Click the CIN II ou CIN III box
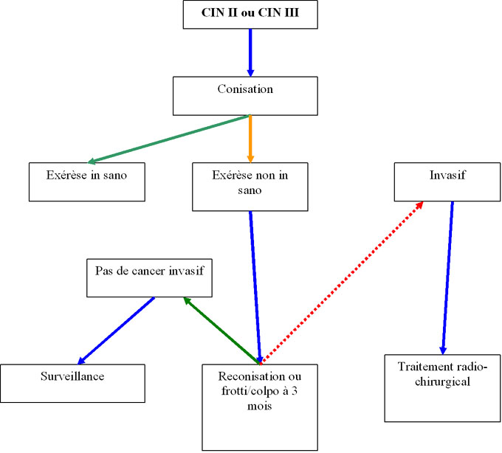(250, 15)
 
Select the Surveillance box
(72, 383)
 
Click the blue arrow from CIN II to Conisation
(250, 52)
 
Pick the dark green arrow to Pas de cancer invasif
(222, 331)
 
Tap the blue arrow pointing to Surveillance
(117, 330)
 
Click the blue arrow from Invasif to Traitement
(447, 277)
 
